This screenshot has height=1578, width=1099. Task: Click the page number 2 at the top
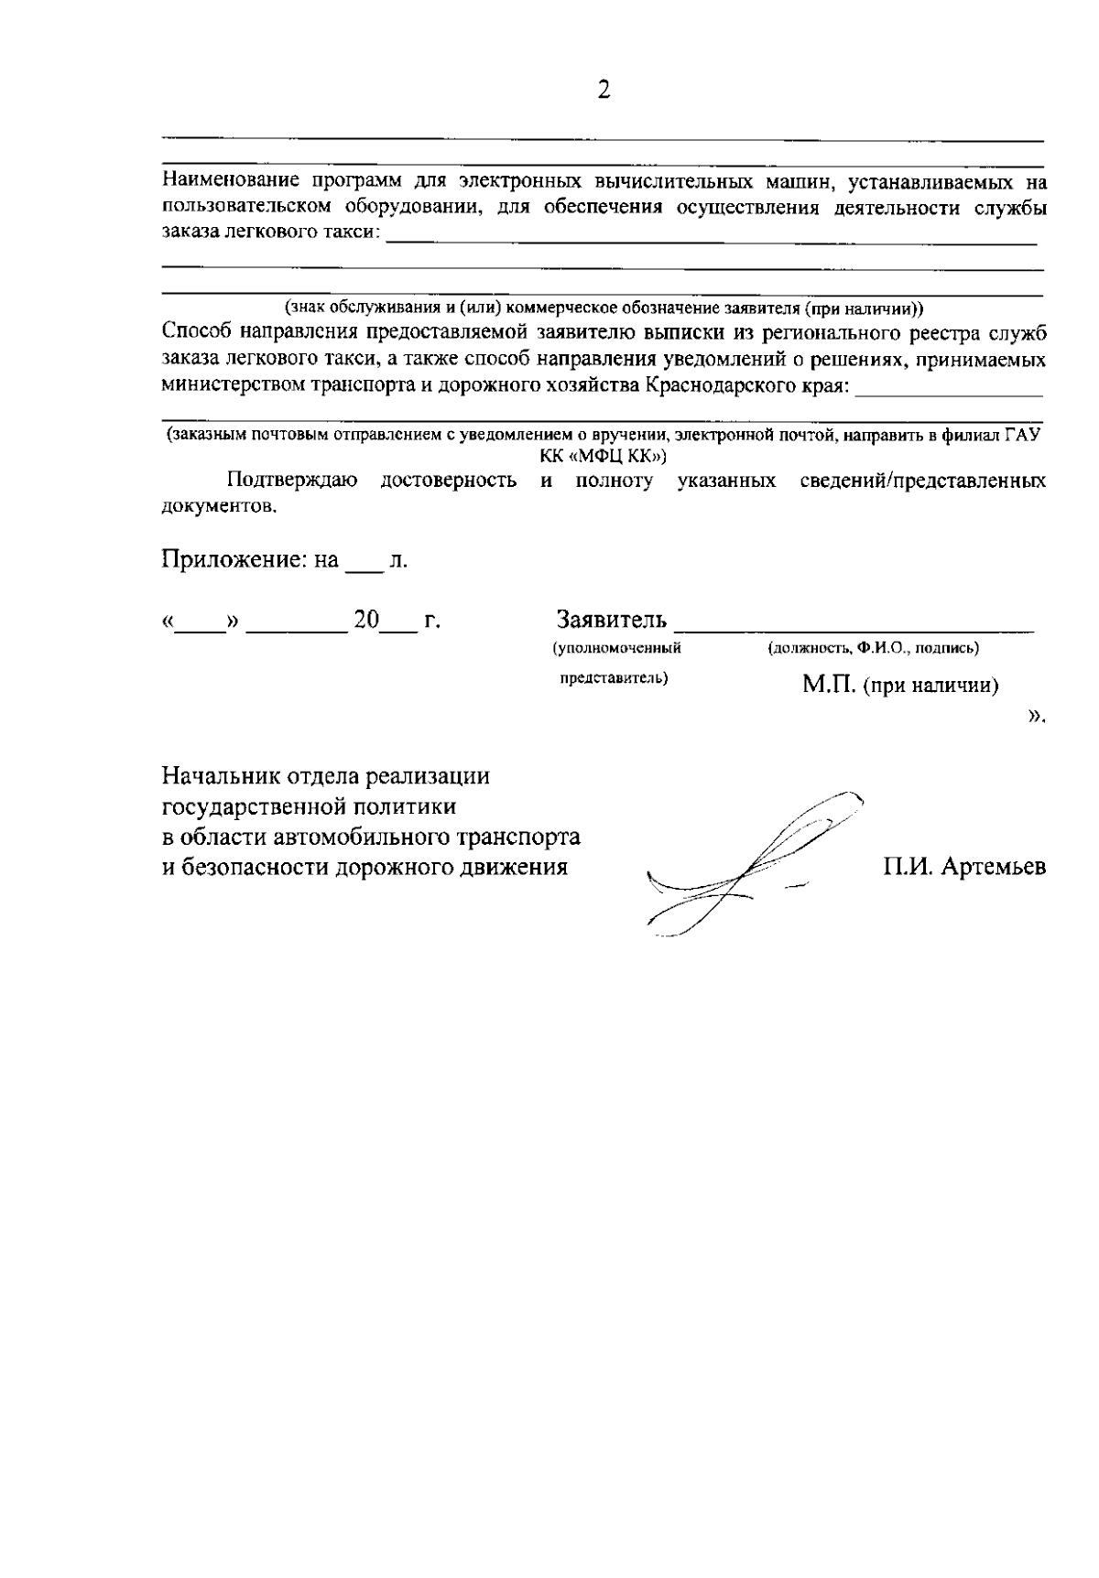604,91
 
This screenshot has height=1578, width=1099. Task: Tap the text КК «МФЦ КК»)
604,455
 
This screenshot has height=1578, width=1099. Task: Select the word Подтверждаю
292,481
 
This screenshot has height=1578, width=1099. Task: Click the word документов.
218,506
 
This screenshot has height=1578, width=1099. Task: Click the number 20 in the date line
366,620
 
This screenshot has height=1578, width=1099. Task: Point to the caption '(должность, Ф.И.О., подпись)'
873,648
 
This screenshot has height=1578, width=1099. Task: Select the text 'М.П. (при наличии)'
899,685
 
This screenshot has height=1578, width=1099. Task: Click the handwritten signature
751,865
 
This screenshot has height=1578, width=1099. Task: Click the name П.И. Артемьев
963,866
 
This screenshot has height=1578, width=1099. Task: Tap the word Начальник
212,777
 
